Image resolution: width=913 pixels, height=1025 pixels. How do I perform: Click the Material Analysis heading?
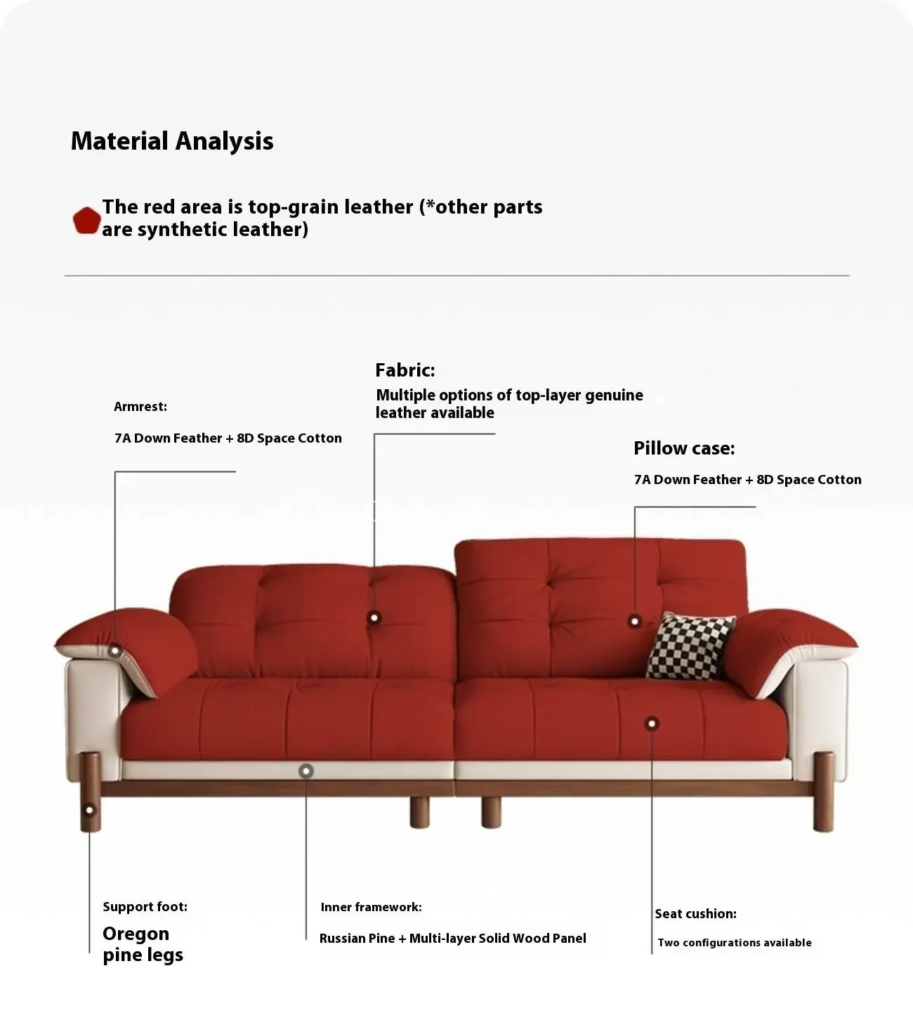point(172,141)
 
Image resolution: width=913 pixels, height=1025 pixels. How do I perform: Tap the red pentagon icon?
point(86,221)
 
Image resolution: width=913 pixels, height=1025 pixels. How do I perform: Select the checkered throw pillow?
point(690,646)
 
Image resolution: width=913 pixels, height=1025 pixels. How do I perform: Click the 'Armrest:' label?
point(140,407)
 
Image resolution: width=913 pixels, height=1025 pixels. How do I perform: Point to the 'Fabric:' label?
point(405,370)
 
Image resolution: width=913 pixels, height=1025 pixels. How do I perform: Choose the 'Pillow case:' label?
point(684,448)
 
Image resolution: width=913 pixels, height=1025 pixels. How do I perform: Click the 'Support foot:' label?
point(145,906)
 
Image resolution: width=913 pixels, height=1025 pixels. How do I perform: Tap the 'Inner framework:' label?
point(372,907)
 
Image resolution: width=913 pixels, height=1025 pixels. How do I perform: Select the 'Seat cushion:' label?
point(695,914)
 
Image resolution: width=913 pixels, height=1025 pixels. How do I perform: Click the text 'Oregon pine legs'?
point(143,944)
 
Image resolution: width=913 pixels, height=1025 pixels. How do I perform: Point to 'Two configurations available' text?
point(735,943)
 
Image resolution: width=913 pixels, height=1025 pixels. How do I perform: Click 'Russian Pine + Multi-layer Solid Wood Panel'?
point(453,939)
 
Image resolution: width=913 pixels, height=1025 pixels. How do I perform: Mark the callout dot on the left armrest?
point(114,651)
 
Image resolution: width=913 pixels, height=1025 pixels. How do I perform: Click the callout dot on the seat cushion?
point(652,724)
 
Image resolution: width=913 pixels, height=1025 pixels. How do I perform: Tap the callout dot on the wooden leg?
point(89,810)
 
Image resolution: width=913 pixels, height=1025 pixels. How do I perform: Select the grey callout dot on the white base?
point(306,771)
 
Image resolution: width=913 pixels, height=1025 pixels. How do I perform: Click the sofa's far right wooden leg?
point(823,791)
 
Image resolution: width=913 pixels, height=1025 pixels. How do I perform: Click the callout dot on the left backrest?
point(374,618)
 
